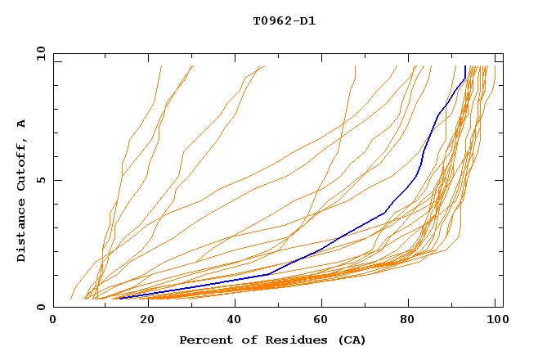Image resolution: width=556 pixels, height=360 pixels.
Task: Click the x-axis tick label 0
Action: click(53, 321)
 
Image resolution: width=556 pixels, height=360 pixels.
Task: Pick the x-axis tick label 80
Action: click(408, 321)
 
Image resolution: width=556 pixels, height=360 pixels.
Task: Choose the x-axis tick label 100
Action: click(495, 321)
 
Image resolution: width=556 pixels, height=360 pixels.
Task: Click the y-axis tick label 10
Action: click(40, 53)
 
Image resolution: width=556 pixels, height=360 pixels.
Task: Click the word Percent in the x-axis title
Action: click(205, 340)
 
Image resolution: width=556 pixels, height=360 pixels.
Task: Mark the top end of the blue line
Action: click(465, 66)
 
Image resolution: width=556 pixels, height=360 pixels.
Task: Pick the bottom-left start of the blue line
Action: click(120, 298)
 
